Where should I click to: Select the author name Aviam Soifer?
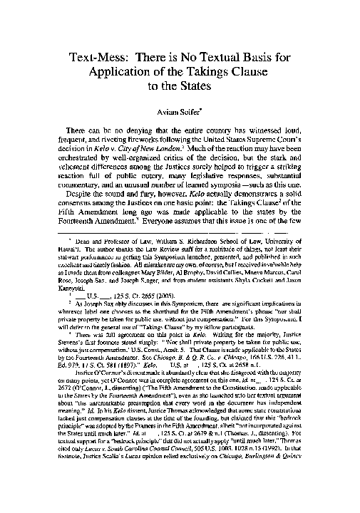pyautogui.click(x=180, y=111)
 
